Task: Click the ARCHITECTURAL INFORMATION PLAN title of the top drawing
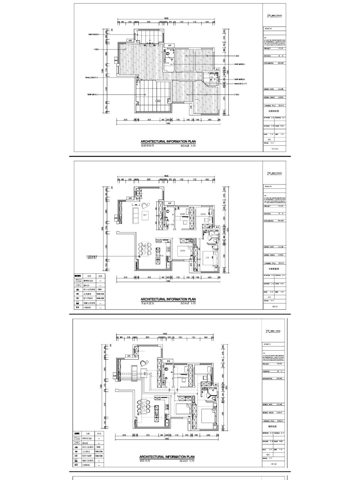pos(168,141)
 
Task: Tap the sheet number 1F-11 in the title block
pos(273,307)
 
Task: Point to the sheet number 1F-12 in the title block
pos(273,464)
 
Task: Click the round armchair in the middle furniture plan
pos(145,205)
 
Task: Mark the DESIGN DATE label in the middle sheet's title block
pos(268,247)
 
